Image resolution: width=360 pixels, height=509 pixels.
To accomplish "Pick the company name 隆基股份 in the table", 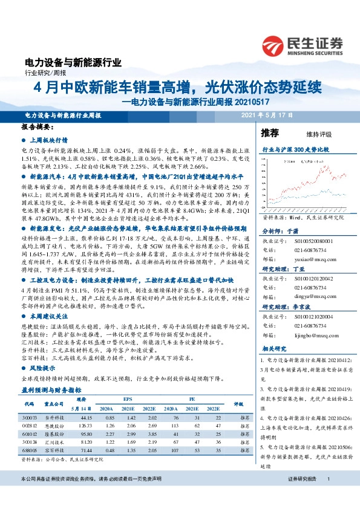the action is [57, 433].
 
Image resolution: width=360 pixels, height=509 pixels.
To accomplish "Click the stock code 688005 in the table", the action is [30, 450].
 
